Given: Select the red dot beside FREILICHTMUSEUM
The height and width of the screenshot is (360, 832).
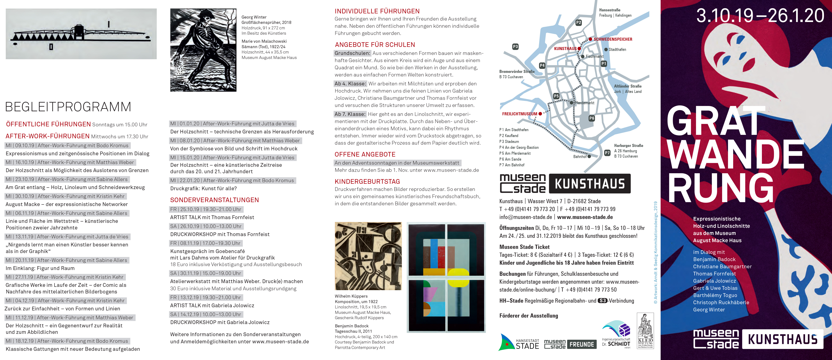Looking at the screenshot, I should pos(540,114).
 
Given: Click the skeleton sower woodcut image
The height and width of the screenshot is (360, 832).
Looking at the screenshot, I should pos(203,50).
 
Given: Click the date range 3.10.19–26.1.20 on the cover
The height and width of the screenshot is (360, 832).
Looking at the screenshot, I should pos(760,16).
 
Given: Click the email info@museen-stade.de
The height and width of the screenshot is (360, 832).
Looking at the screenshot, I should pos(525,217).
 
